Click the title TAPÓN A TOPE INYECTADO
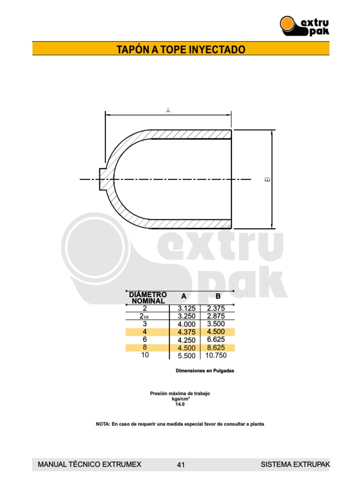point(180,49)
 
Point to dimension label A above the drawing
point(168,110)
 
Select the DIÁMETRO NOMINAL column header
point(148,297)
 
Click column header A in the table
point(184,296)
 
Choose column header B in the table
point(217,296)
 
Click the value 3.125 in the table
point(187,308)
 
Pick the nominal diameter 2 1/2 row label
point(145,316)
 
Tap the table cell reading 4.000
point(187,324)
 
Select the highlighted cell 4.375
point(187,332)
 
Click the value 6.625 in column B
point(216,340)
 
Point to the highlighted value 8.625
point(216,348)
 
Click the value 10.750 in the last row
point(216,356)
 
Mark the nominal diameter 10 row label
point(145,355)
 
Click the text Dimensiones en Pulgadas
point(204,371)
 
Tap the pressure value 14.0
point(180,404)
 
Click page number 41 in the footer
point(181,465)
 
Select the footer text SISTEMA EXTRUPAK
point(295,465)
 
